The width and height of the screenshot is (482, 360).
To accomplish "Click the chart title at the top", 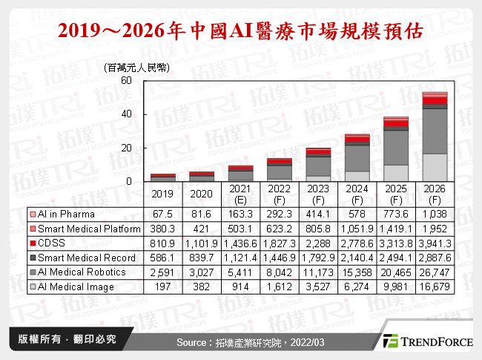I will [241, 32].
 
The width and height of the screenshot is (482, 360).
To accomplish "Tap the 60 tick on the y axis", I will [127, 81].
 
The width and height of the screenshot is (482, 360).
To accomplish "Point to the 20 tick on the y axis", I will [127, 148].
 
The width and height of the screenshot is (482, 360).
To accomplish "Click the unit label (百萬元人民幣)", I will [138, 67].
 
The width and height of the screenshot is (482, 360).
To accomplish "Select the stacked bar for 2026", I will [435, 137].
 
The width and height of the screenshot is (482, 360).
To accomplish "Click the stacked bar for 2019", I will [162, 177].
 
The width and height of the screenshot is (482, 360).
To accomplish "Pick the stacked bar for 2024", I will [357, 158].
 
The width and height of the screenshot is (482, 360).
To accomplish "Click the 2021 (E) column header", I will [240, 194].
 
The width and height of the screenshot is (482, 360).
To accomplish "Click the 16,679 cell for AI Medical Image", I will [435, 287].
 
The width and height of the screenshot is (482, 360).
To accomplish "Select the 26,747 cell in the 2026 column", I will [435, 272].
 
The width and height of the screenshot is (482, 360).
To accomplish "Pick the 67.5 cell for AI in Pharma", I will [162, 214].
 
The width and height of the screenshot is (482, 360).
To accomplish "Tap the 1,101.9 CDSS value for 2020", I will [201, 243].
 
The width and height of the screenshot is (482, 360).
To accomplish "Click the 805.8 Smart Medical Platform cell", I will [317, 229].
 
